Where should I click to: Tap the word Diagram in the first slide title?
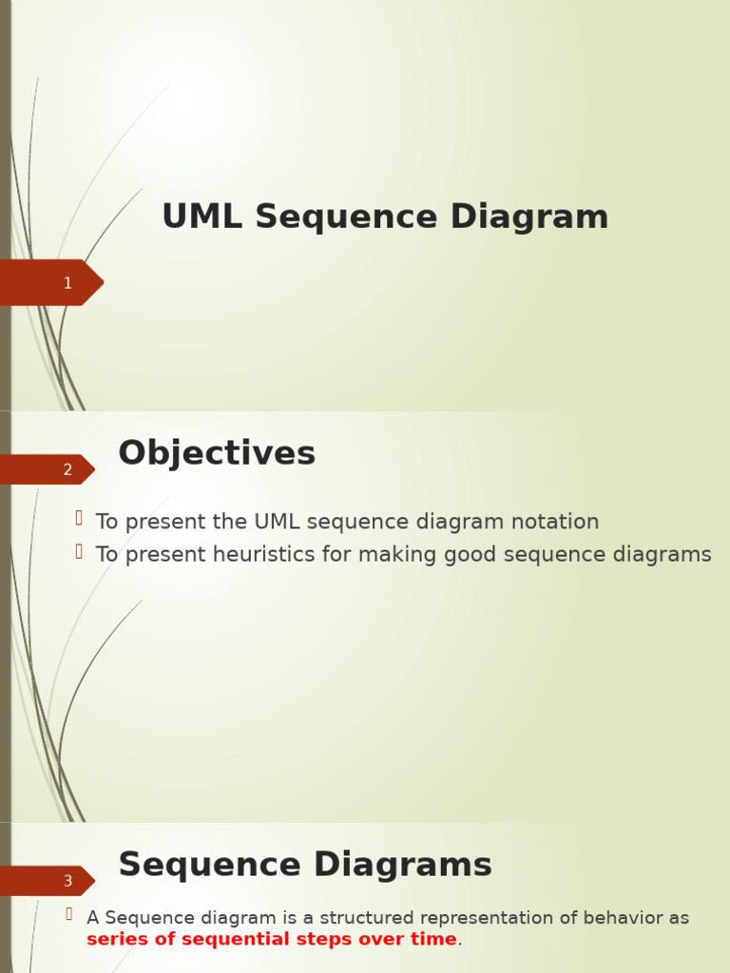click(x=528, y=217)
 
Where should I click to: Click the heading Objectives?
click(x=217, y=453)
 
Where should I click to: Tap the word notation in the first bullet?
click(x=554, y=522)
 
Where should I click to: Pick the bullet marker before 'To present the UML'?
click(x=79, y=518)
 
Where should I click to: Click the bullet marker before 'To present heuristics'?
click(x=79, y=550)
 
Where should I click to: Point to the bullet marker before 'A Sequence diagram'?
click(x=69, y=914)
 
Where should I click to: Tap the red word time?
click(x=435, y=939)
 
